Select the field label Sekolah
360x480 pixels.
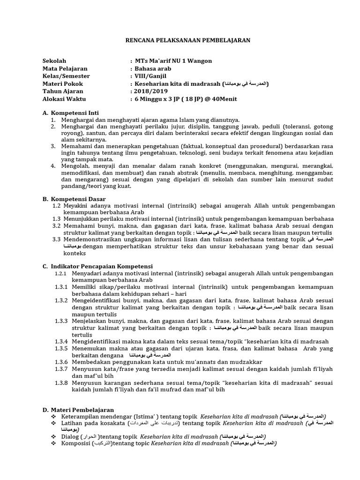click(x=54, y=61)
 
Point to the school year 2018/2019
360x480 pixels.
click(x=150, y=91)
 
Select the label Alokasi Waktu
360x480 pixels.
click(x=64, y=99)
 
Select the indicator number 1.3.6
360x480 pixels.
click(x=61, y=362)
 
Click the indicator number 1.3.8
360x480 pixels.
click(x=61, y=383)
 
